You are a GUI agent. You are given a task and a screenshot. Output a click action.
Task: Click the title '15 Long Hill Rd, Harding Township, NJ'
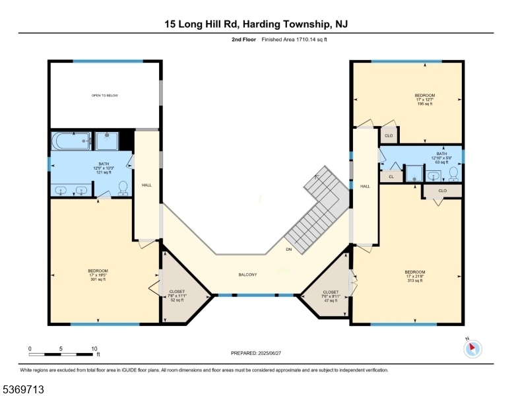click(256, 24)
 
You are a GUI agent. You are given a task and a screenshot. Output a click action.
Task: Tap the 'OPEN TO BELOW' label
click(104, 96)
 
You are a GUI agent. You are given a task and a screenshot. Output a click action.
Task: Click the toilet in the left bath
click(122, 189)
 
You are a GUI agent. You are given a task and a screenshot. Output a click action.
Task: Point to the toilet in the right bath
click(453, 174)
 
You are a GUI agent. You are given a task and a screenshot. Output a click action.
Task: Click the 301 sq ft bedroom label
click(98, 275)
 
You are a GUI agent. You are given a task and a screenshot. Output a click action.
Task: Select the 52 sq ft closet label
click(177, 295)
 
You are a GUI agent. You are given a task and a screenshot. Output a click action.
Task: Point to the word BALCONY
click(247, 275)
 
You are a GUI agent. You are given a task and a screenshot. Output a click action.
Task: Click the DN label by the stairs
click(288, 249)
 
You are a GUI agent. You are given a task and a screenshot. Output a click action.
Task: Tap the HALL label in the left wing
click(146, 185)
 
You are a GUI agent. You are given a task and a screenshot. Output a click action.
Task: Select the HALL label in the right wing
click(364, 187)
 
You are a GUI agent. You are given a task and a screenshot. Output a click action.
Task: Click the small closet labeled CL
click(391, 177)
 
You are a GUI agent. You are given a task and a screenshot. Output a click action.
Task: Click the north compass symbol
click(473, 348)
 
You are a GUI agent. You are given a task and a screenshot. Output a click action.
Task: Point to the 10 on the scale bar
click(94, 348)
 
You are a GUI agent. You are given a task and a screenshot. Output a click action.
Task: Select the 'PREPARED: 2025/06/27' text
click(256, 353)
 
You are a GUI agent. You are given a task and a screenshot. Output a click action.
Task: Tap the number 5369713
click(24, 389)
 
